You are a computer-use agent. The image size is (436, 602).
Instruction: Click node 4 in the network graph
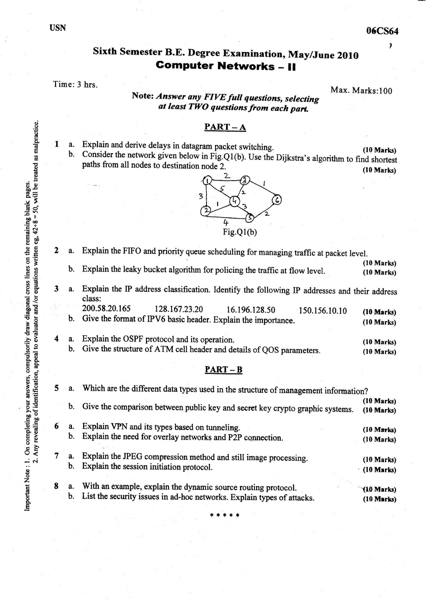point(234,201)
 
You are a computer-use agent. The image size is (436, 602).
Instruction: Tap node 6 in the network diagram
point(277,200)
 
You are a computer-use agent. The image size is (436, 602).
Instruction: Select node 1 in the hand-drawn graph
point(207,181)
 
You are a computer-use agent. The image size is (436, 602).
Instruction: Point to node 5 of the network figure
point(249,217)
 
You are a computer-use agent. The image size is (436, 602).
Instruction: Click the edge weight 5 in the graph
point(222,189)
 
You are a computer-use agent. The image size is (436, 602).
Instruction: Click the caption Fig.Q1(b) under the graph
point(240,232)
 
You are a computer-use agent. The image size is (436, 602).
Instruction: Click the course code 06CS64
point(382,31)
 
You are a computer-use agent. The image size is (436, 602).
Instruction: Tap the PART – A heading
point(225,127)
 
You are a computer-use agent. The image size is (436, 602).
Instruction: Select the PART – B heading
point(223,369)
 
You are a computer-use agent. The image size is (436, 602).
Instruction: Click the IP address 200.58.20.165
point(106,309)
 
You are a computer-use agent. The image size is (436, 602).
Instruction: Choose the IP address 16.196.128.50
point(251,310)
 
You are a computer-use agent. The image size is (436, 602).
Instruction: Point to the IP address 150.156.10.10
point(323,311)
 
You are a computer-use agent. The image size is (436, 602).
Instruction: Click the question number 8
point(56,486)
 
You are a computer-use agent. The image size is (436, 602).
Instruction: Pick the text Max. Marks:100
point(361,90)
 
